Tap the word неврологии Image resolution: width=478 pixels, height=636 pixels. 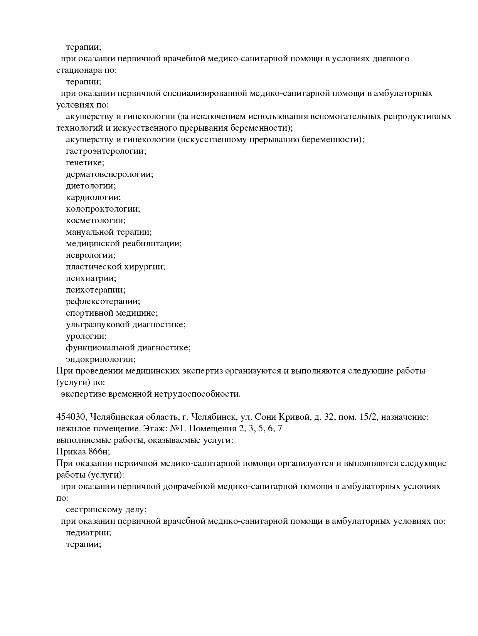91,255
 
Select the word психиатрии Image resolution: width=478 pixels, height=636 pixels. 91,278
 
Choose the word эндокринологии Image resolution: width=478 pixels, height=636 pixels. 101,359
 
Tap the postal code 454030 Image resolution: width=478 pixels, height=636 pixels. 72,417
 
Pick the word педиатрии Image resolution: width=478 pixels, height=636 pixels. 88,533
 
